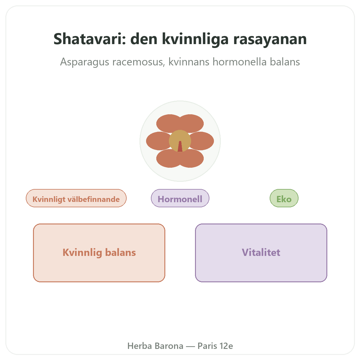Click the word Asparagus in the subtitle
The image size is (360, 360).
(84, 62)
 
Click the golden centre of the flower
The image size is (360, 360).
(180, 138)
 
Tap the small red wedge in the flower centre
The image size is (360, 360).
(180, 146)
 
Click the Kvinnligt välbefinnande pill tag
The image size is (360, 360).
(76, 198)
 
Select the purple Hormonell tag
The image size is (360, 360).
(180, 198)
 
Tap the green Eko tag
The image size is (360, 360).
(284, 198)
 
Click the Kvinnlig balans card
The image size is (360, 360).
(99, 253)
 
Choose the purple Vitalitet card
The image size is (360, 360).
(261, 253)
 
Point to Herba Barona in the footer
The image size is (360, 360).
(155, 346)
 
